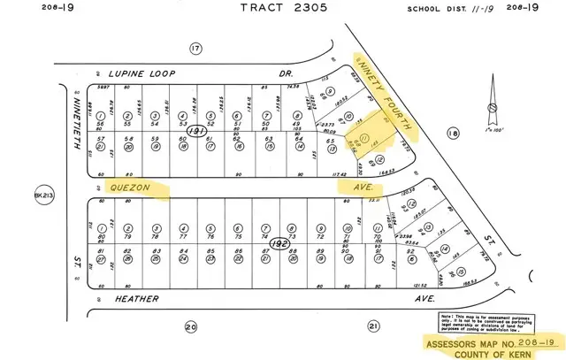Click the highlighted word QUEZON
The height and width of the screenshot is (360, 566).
point(133,188)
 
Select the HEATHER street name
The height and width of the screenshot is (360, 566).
point(138,299)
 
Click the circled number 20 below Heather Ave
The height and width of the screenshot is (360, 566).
point(190,327)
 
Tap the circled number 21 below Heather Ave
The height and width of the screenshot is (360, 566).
point(373,327)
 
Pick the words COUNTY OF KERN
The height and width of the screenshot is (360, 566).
point(497,352)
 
